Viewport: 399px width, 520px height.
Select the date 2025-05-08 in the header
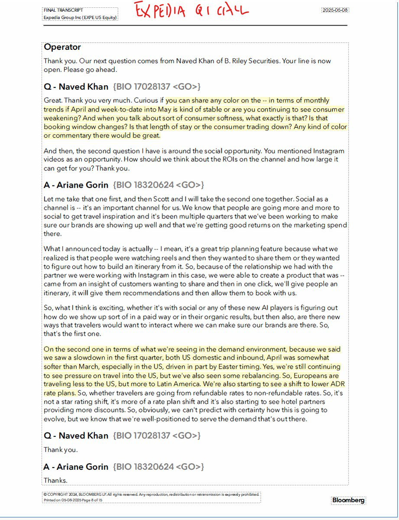(x=335, y=10)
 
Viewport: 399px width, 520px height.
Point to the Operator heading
(x=62, y=47)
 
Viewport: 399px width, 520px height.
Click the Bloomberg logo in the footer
(x=348, y=500)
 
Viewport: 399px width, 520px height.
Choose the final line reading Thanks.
(x=55, y=480)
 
